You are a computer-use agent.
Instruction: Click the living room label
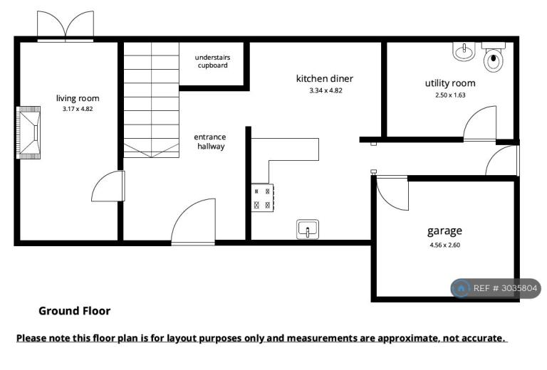78,99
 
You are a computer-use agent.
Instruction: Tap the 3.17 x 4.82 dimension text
78,109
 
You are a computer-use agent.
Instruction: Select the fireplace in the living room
28,133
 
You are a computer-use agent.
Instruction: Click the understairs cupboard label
212,61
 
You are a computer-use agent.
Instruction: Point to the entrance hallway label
210,142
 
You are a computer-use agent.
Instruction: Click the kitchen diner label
325,79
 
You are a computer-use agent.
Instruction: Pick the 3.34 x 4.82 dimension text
325,90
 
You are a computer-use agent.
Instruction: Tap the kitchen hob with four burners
262,198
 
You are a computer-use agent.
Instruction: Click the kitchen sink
308,229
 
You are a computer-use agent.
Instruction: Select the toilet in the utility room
494,57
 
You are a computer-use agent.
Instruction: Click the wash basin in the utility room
463,51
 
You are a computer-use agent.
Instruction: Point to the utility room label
450,83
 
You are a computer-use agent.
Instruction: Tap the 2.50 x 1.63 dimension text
450,95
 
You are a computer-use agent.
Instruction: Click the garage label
444,231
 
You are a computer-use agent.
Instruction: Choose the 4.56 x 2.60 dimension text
444,245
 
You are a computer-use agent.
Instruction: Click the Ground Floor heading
74,311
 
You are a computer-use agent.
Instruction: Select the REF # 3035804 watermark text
505,288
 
